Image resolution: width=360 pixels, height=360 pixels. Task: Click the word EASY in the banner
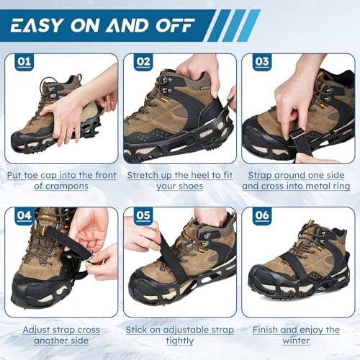[37, 25]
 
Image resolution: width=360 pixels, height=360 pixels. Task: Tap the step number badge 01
[24, 62]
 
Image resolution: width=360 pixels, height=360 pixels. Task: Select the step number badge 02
[143, 62]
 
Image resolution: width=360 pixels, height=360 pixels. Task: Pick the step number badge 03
[262, 62]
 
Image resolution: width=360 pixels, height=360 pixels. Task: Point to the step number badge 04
[24, 216]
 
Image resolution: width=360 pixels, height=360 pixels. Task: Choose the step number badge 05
[143, 216]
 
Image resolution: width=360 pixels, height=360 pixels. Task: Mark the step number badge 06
[262, 216]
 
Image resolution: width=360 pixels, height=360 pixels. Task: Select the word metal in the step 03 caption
[315, 186]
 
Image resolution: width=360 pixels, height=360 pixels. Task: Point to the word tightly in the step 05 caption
[180, 341]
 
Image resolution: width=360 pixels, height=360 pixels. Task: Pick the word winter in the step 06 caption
[296, 341]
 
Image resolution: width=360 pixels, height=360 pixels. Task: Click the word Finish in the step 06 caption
[265, 330]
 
